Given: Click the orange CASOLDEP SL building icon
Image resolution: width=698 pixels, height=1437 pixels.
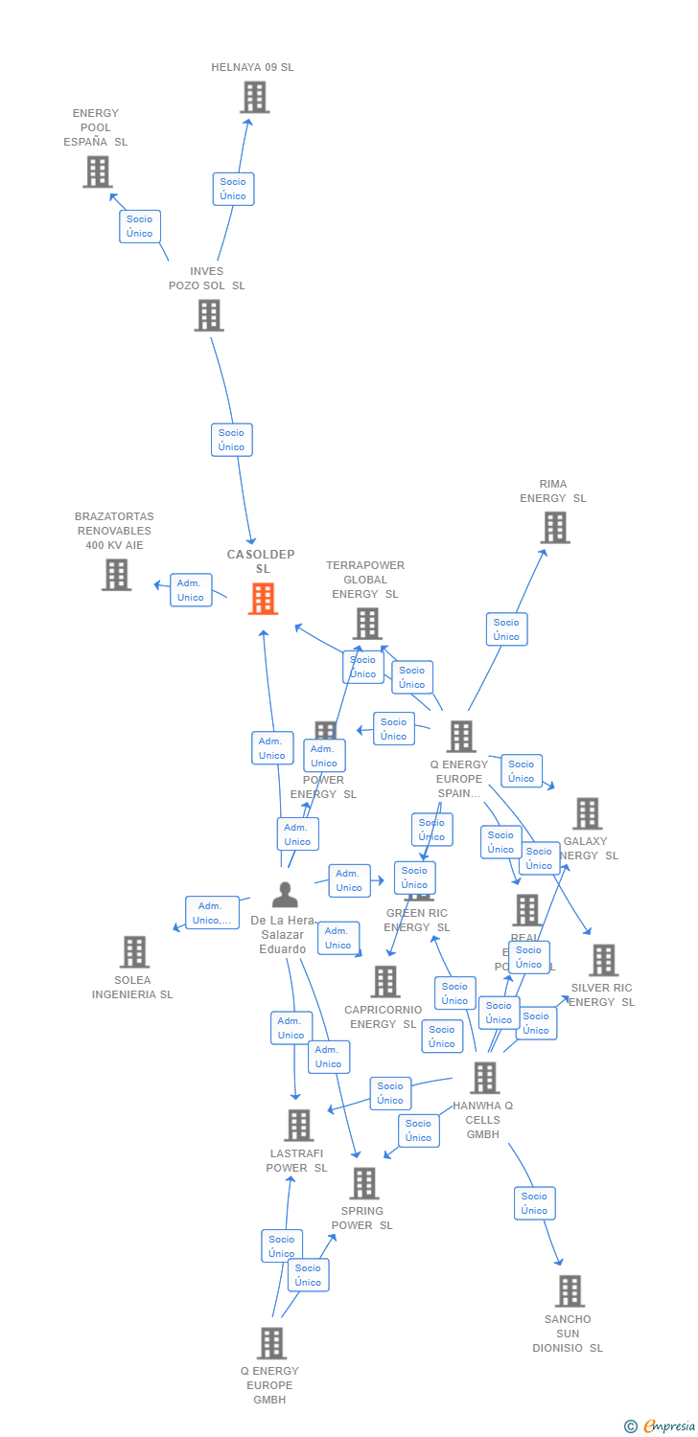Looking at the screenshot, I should [x=263, y=599].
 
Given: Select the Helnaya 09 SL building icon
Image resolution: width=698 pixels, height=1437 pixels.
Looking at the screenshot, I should [x=254, y=98].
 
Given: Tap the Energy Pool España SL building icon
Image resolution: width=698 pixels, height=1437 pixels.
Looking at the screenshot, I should [x=97, y=171].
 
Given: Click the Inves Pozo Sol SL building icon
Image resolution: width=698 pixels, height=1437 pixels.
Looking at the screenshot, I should [x=208, y=315].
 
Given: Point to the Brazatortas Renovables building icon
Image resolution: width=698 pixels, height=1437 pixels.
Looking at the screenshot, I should [x=116, y=575].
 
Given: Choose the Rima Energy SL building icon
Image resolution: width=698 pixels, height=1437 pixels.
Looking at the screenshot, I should [x=554, y=528].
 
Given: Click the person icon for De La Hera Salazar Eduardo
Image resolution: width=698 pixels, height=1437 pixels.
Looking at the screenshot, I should [x=285, y=895].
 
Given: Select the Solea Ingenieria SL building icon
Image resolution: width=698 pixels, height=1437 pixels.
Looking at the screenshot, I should [x=134, y=952].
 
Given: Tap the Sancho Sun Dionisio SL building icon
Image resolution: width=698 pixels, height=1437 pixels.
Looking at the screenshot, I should [x=570, y=1291].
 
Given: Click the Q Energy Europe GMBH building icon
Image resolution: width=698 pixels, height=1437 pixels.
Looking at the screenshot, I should [x=271, y=1343].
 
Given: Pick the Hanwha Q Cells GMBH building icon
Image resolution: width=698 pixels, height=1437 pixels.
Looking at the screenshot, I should [x=484, y=1079].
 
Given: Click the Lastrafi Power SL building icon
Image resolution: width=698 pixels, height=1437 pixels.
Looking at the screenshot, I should [x=299, y=1126].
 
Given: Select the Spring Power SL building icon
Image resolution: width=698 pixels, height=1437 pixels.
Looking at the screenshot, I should [x=363, y=1184].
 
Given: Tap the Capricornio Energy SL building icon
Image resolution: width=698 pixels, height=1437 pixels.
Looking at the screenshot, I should [x=385, y=982].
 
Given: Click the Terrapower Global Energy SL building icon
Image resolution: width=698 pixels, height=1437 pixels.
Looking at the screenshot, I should [x=366, y=624].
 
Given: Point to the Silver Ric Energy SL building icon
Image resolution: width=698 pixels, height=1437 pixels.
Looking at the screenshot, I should [x=603, y=960].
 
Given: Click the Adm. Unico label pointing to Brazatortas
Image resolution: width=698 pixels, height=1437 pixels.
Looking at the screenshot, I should [x=191, y=590].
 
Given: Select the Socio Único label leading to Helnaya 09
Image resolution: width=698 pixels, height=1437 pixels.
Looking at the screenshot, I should [x=233, y=189].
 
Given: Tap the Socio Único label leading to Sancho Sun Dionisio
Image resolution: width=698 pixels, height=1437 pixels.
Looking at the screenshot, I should [x=534, y=1203].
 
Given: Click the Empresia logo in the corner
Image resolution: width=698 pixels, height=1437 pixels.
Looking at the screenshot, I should [x=662, y=1426].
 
